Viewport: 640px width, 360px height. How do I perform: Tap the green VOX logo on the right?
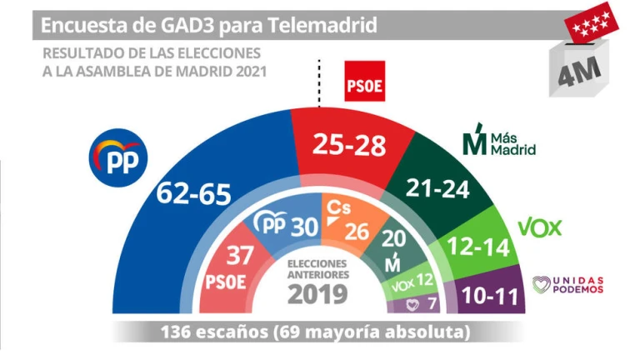click(540, 227)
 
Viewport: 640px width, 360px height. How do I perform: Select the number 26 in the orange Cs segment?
click(357, 232)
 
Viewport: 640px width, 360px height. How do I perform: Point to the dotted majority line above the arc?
click(320, 83)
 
